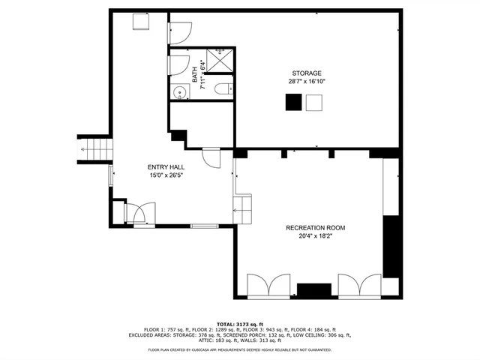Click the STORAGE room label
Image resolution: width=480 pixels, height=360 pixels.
[304, 73]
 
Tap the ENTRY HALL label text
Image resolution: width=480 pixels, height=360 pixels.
[166, 167]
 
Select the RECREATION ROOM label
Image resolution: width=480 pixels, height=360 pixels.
[315, 227]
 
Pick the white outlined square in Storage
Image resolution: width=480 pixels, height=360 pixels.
[314, 103]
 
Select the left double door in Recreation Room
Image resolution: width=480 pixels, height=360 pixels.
[268, 285]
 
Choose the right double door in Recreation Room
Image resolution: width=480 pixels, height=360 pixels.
[359, 285]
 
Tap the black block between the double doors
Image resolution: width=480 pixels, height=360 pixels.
[313, 291]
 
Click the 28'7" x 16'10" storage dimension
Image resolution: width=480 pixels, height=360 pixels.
[304, 81]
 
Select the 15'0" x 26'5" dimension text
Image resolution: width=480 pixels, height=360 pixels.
[166, 175]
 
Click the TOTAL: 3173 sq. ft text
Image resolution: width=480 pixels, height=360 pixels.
[240, 323]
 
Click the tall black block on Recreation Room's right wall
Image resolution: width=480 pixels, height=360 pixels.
[391, 246]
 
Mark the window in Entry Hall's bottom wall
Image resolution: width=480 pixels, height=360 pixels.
[204, 226]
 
